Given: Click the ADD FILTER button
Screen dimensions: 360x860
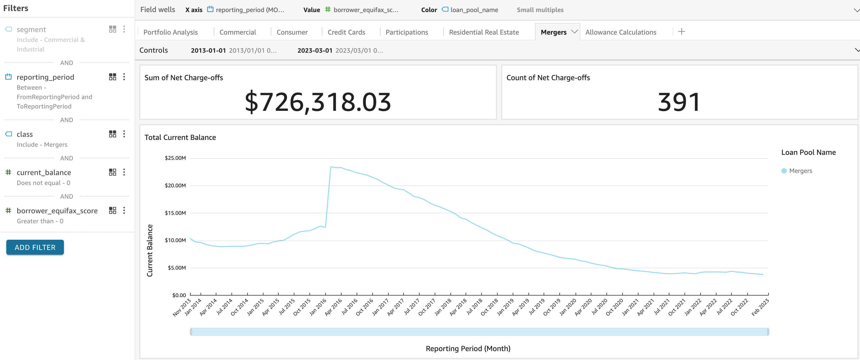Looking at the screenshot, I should click(35, 247).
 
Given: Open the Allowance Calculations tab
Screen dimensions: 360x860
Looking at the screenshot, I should click(621, 32).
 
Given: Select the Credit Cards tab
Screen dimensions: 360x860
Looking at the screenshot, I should click(346, 32).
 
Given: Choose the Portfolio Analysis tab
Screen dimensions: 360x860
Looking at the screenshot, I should click(170, 32).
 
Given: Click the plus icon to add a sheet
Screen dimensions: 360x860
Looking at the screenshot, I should click(682, 32).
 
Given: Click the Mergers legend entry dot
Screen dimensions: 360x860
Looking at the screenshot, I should click(784, 171).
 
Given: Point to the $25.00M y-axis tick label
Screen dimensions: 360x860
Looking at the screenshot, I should click(175, 158).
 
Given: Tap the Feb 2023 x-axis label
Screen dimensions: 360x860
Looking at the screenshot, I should click(760, 307).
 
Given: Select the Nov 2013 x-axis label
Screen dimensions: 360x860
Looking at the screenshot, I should click(182, 307).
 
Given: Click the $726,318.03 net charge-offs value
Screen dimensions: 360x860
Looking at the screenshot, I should click(318, 102).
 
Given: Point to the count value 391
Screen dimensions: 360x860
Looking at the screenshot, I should click(679, 102).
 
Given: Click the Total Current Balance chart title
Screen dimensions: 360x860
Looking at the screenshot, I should click(180, 137).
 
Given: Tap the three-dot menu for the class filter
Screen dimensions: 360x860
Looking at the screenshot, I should click(124, 134).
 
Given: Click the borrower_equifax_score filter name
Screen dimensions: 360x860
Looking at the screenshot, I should click(57, 211).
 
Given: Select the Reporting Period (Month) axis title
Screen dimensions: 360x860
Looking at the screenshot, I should click(468, 348).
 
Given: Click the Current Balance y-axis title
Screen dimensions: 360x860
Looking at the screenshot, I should click(150, 250).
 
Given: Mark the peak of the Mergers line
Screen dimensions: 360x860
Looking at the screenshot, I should click(331, 167).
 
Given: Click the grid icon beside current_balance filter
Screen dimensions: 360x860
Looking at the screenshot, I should click(113, 172).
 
